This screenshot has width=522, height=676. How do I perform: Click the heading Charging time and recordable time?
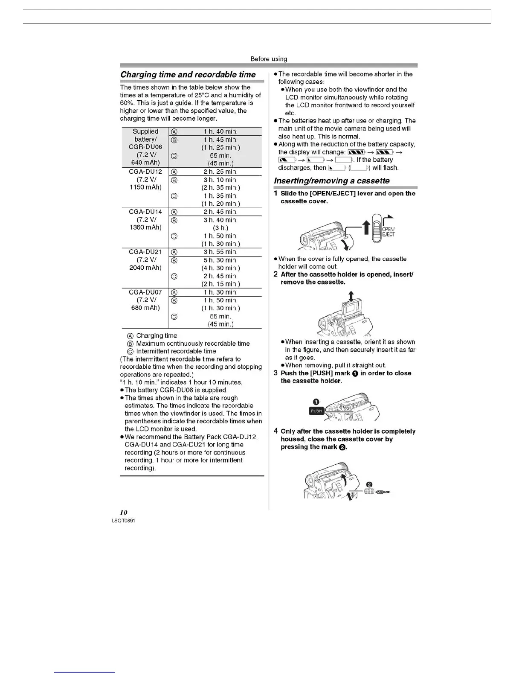pyautogui.click(x=188, y=75)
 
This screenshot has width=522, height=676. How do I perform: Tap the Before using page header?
pyautogui.click(x=269, y=59)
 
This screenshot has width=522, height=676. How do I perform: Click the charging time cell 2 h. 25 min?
pyautogui.click(x=220, y=172)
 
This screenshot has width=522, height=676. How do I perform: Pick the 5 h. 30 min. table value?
pyautogui.click(x=220, y=260)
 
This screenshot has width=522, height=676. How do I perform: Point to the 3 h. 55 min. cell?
pyautogui.click(x=220, y=252)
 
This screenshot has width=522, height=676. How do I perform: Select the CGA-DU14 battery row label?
pyautogui.click(x=145, y=212)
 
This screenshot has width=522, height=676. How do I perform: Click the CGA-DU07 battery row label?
pyautogui.click(x=145, y=292)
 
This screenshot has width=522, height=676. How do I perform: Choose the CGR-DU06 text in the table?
pyautogui.click(x=145, y=147)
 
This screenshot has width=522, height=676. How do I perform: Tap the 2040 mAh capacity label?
pyautogui.click(x=145, y=268)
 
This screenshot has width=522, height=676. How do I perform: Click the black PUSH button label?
pyautogui.click(x=316, y=411)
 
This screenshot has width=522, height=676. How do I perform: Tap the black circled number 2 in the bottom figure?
pyautogui.click(x=370, y=484)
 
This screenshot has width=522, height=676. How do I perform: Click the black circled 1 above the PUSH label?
pyautogui.click(x=316, y=402)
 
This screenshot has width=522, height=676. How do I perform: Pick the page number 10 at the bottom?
pyautogui.click(x=124, y=513)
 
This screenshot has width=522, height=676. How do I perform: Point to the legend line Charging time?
pyautogui.click(x=156, y=336)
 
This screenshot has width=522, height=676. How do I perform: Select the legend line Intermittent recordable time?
pyautogui.click(x=176, y=351)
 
